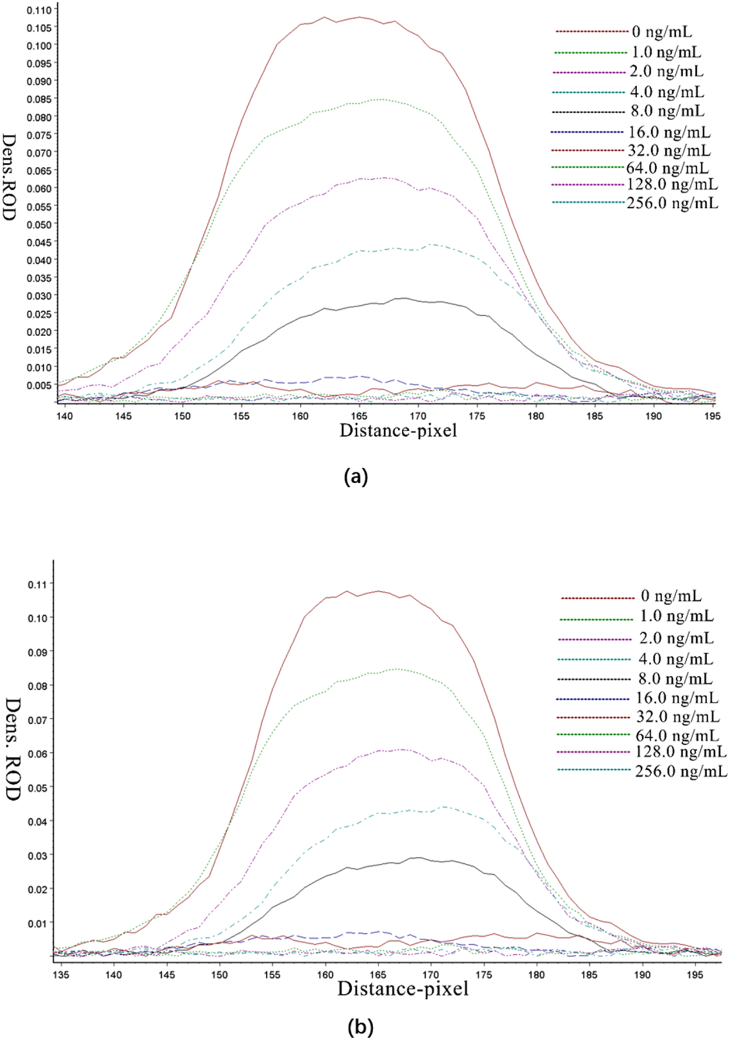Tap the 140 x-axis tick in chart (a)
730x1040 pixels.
click(x=64, y=416)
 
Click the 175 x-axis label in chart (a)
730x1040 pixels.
click(x=477, y=416)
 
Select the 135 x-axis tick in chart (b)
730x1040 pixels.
click(x=61, y=975)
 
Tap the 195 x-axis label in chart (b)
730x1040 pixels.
click(x=695, y=975)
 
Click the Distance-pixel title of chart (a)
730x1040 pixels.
click(x=398, y=431)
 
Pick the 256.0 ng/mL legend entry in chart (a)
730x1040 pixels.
click(x=672, y=203)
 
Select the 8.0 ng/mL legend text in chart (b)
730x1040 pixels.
click(x=675, y=679)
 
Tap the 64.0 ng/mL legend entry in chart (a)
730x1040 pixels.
click(x=668, y=168)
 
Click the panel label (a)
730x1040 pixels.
click(x=357, y=477)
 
